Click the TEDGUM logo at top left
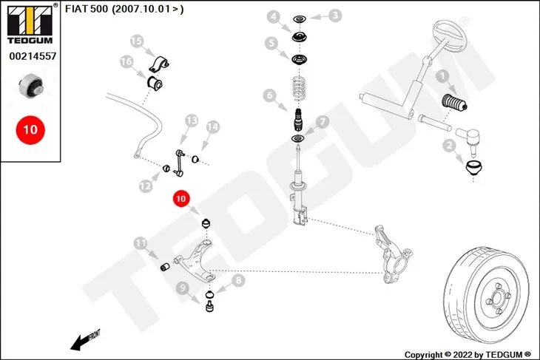[30, 24]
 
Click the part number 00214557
[33, 56]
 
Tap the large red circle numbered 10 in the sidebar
[30, 130]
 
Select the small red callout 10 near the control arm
[180, 199]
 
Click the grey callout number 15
[136, 41]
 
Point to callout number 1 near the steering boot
[442, 76]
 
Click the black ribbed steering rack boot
[454, 103]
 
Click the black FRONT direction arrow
[85, 340]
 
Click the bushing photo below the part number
[31, 86]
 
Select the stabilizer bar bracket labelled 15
[159, 64]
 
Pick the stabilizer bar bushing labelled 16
[155, 84]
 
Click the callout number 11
[140, 243]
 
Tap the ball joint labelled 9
[209, 306]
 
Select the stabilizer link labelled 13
[179, 163]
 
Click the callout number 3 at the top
[335, 15]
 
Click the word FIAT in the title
[76, 9]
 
